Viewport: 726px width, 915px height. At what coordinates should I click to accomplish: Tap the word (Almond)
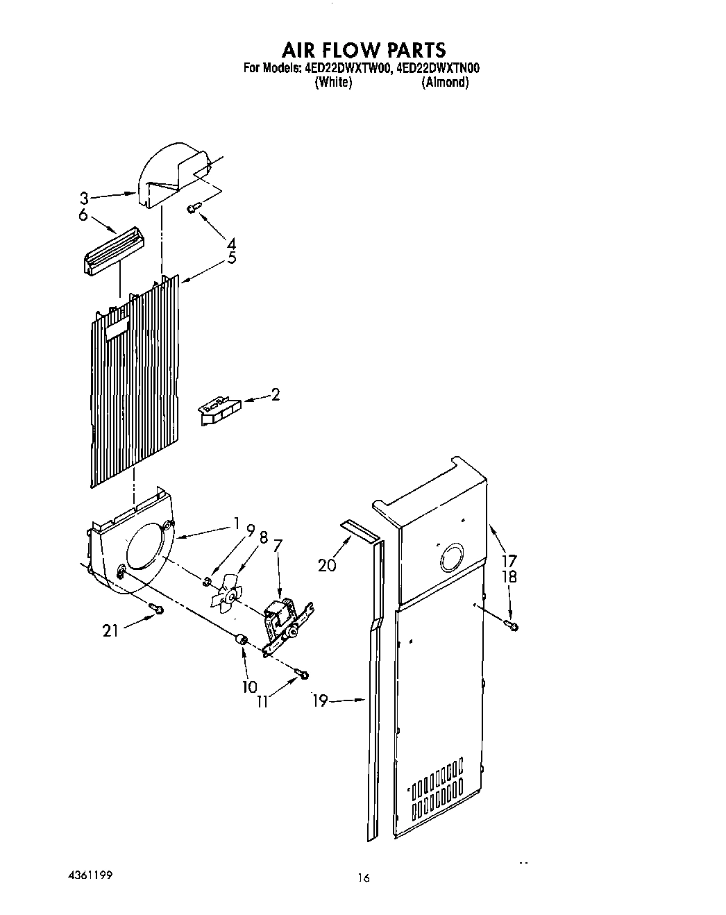(x=445, y=82)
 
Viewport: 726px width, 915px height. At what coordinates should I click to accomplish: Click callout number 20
(x=327, y=565)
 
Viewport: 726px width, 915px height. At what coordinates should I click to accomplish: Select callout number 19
(x=319, y=701)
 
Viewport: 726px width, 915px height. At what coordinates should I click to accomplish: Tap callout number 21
(x=110, y=630)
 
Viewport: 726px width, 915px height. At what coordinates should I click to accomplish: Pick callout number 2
(x=276, y=395)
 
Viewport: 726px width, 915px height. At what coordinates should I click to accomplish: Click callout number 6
(x=83, y=215)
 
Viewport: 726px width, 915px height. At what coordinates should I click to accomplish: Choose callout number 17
(x=509, y=560)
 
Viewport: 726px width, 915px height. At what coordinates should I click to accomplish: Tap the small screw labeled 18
(x=514, y=626)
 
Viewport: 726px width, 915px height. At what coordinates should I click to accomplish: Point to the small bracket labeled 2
(x=218, y=410)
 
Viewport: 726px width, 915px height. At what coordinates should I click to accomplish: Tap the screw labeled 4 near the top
(x=194, y=207)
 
